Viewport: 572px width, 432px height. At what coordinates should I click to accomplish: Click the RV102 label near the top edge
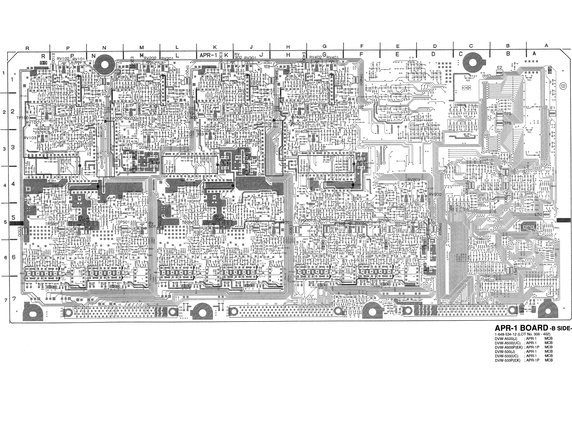(x=64, y=58)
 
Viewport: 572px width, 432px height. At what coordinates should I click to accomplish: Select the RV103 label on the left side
(x=30, y=138)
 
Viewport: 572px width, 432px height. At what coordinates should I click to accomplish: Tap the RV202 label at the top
(x=150, y=58)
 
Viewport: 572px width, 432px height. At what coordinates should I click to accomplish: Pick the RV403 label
(x=301, y=132)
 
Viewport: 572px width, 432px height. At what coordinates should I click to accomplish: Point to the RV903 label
(x=414, y=180)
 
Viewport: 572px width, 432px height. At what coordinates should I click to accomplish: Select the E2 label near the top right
(x=499, y=68)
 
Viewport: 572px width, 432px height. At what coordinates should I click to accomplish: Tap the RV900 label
(x=435, y=195)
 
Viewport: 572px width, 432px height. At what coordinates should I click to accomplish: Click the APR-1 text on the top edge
(x=208, y=55)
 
